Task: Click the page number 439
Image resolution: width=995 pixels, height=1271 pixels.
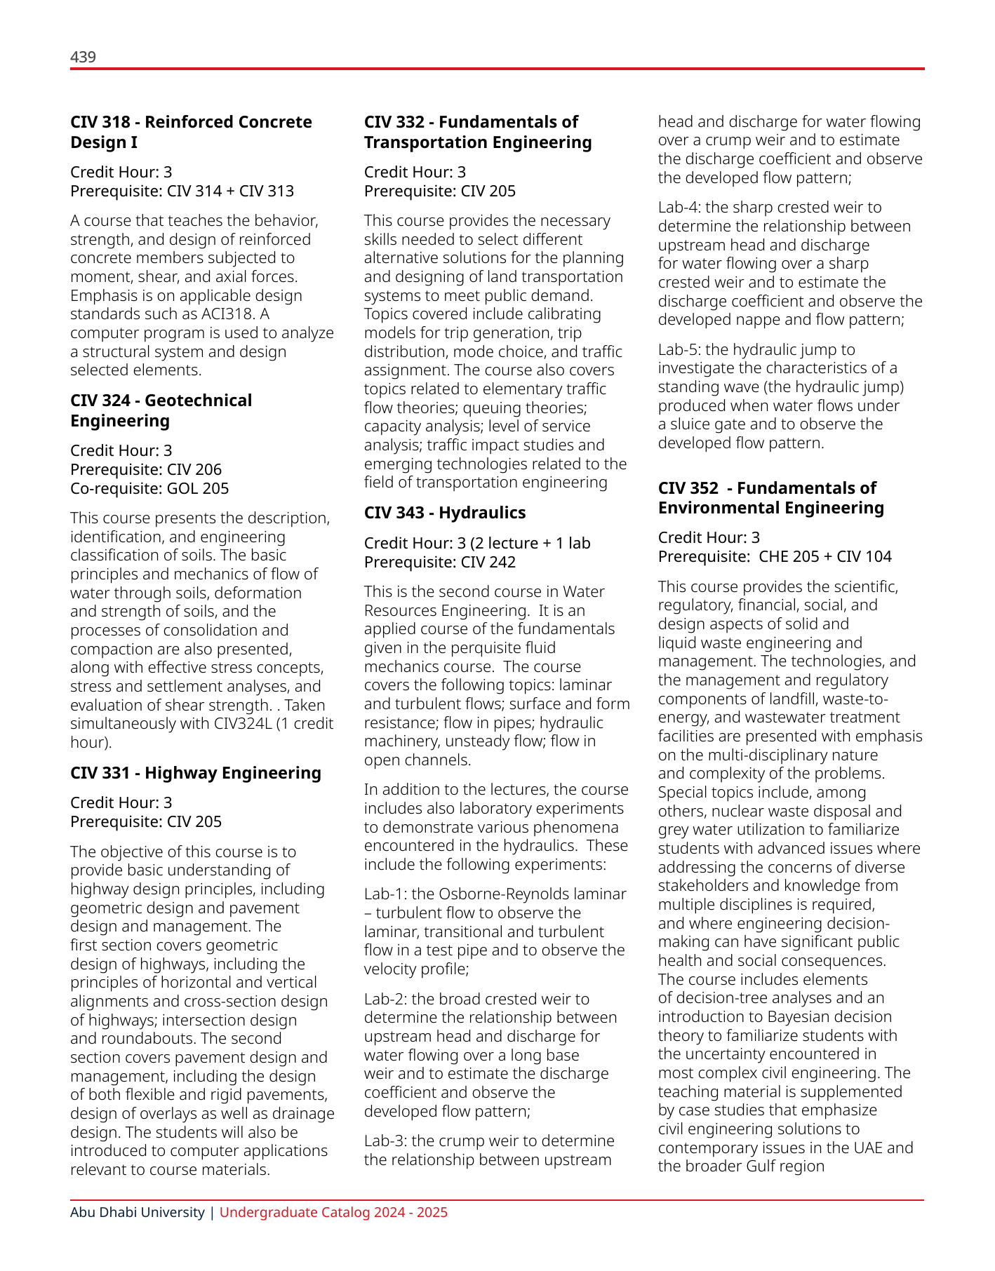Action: point(83,57)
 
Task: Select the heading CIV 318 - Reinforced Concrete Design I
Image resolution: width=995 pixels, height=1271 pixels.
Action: point(191,132)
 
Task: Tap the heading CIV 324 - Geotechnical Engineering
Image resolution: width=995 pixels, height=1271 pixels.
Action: point(161,410)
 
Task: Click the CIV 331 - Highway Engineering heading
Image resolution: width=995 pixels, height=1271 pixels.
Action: point(195,772)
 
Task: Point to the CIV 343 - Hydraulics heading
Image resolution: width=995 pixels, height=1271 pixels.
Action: point(444,513)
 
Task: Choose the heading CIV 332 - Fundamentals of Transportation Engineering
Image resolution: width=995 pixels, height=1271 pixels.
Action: point(477,132)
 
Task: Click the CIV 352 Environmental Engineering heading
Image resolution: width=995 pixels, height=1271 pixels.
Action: point(770,497)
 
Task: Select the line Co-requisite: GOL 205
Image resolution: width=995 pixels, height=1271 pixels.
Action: point(149,488)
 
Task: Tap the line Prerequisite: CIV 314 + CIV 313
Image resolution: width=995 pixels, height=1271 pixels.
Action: point(182,191)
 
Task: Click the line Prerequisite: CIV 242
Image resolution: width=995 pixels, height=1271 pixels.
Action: point(439,562)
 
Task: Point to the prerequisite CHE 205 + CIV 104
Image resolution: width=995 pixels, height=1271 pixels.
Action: point(824,556)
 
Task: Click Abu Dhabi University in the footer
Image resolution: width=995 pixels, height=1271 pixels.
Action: point(137,1212)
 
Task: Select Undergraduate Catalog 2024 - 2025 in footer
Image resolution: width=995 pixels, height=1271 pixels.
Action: point(333,1212)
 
